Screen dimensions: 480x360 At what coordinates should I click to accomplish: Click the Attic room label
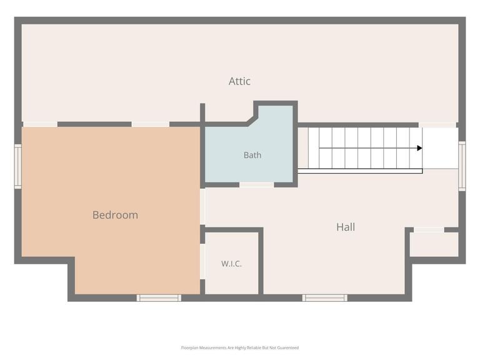(x=239, y=81)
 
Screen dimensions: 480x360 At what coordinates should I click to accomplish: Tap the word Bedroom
(x=115, y=215)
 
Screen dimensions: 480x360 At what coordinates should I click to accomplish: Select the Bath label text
(x=252, y=155)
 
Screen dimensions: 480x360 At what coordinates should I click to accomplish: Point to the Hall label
(x=346, y=227)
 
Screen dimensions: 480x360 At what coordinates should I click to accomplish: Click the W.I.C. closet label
(x=231, y=264)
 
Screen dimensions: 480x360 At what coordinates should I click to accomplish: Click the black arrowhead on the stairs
(x=420, y=148)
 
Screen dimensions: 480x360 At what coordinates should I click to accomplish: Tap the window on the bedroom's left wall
(x=18, y=166)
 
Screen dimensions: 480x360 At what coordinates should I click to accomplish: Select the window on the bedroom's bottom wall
(x=159, y=298)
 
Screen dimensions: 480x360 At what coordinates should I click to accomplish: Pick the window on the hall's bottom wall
(x=325, y=298)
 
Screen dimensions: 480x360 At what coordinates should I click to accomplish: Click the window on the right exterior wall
(x=462, y=166)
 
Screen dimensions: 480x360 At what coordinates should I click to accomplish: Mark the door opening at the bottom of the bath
(x=256, y=185)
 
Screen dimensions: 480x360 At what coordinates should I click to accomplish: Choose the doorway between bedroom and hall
(x=202, y=207)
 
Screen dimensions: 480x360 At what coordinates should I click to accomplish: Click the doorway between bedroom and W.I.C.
(x=202, y=261)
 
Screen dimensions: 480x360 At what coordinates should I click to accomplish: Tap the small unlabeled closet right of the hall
(x=434, y=244)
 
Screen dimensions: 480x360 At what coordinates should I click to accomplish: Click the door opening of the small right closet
(x=429, y=230)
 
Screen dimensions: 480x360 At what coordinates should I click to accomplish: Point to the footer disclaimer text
(x=240, y=347)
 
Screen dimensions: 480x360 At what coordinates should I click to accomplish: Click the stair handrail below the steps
(x=360, y=171)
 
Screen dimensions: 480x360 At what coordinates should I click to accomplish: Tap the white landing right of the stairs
(x=441, y=148)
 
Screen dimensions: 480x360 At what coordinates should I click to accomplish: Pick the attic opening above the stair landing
(x=437, y=125)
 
